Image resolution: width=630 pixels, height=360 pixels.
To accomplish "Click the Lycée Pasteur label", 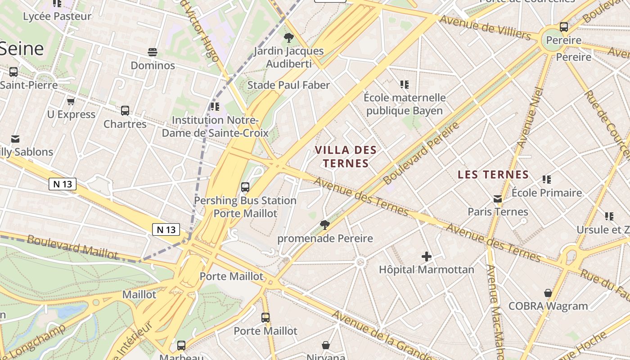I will point(57,17).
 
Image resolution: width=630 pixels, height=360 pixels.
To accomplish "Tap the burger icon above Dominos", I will point(153,52).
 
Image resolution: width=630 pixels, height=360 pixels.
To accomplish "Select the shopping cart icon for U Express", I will point(71,101).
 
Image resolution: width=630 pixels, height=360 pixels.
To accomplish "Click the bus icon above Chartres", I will point(125,110).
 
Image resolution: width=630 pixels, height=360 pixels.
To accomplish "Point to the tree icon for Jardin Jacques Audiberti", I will point(289,38).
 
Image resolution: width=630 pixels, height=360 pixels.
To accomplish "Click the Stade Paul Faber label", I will point(288,85).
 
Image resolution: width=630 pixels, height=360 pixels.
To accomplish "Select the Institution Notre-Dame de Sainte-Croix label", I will point(215,127).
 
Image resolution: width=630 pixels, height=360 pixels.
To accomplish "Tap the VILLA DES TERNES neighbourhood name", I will point(346,157).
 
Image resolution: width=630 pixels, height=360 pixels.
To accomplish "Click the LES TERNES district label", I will point(493,175).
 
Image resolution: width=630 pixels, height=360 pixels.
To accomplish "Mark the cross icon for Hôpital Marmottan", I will point(426,257).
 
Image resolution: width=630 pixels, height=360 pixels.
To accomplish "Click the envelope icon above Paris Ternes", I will point(498,199).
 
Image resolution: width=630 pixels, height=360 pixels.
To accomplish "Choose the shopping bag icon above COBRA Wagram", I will point(548,293).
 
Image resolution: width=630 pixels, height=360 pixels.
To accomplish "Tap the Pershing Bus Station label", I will point(245,201).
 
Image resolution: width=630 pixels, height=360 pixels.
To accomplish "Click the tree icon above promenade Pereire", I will point(324,225).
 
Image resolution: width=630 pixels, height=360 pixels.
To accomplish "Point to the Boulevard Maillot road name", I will point(72,247).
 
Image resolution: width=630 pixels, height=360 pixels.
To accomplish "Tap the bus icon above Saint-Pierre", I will point(13,72).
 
